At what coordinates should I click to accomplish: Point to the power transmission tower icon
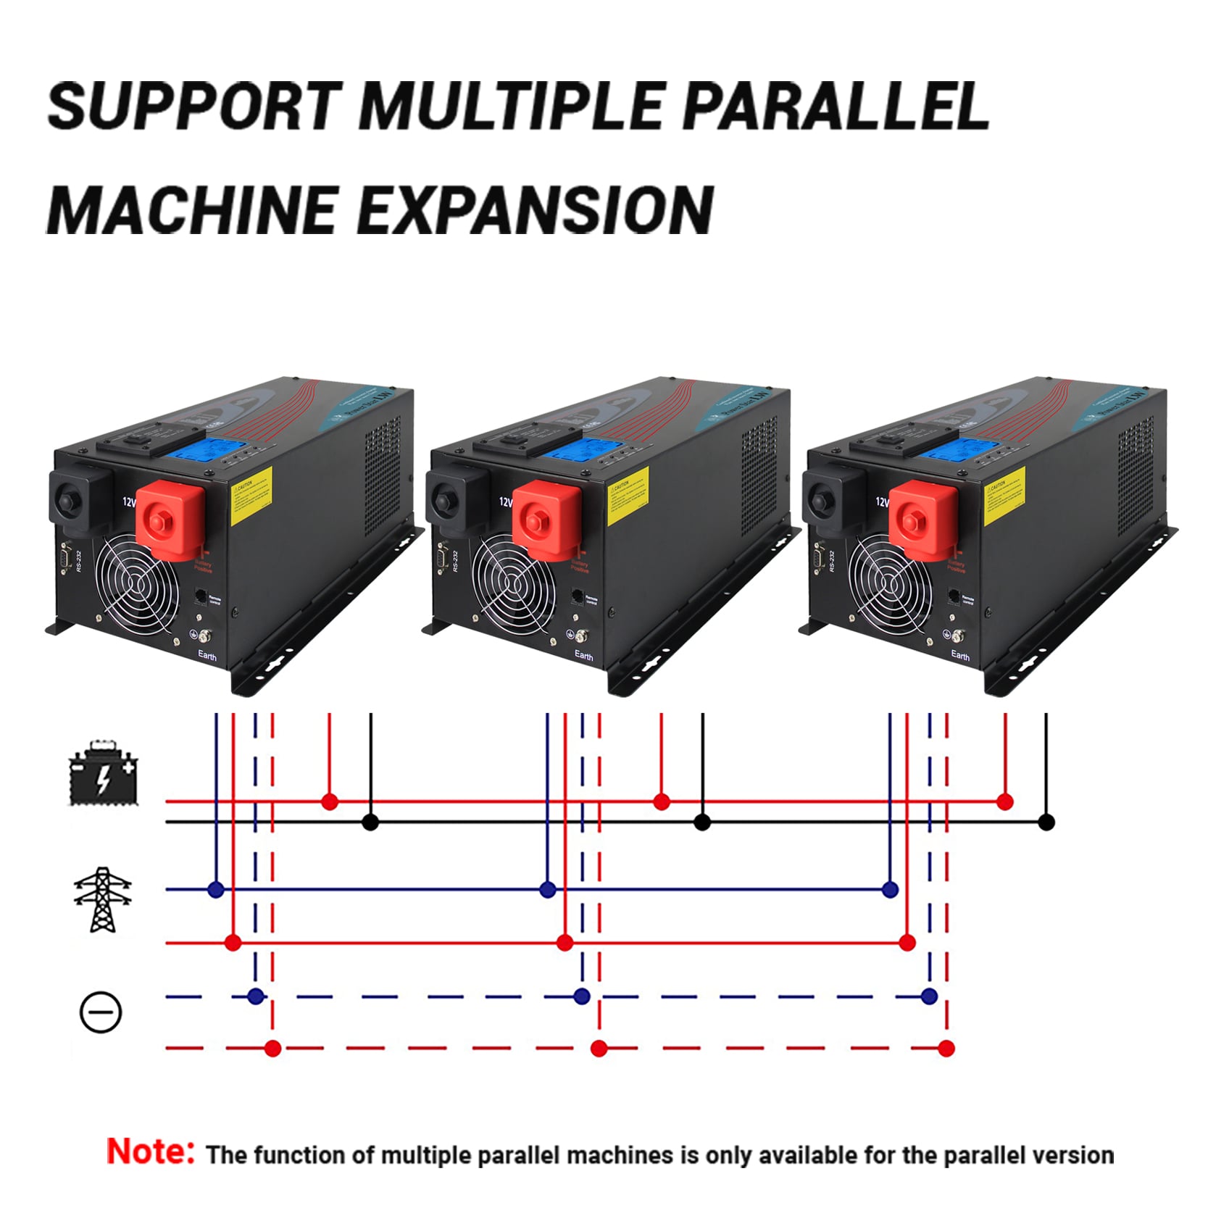[103, 899]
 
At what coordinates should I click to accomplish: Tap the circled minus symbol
[100, 1012]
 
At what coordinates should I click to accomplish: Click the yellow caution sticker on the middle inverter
[628, 496]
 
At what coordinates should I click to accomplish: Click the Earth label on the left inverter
[207, 656]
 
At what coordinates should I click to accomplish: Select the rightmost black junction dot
[1046, 822]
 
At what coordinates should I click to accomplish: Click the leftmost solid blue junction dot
[215, 889]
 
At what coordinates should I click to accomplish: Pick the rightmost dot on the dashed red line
[946, 1048]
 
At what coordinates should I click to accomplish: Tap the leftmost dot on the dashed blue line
[255, 996]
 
